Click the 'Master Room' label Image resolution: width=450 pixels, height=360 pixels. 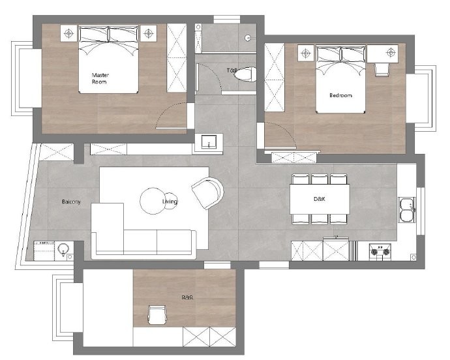coord(100,78)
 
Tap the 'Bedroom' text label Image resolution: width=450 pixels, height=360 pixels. coord(340,95)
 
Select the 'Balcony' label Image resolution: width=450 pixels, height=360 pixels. coord(72,202)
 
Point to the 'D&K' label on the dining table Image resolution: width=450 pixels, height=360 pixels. coord(320,199)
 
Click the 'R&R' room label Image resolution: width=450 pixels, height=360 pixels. coord(187,297)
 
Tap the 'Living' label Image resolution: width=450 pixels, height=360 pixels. coord(170,202)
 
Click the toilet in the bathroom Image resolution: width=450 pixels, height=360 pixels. coord(245,74)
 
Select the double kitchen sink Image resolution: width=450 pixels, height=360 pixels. coord(407,210)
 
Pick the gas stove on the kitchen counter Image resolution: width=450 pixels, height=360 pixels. coord(380,252)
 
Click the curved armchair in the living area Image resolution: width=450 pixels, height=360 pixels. coord(208,192)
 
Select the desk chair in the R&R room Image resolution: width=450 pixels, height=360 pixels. coord(157,315)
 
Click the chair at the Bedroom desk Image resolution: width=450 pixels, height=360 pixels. coord(382,70)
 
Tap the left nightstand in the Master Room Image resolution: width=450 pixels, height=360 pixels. coord(68,33)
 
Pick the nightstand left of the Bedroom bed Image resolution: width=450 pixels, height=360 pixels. coord(306,53)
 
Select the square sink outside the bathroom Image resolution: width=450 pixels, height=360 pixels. coord(209,142)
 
